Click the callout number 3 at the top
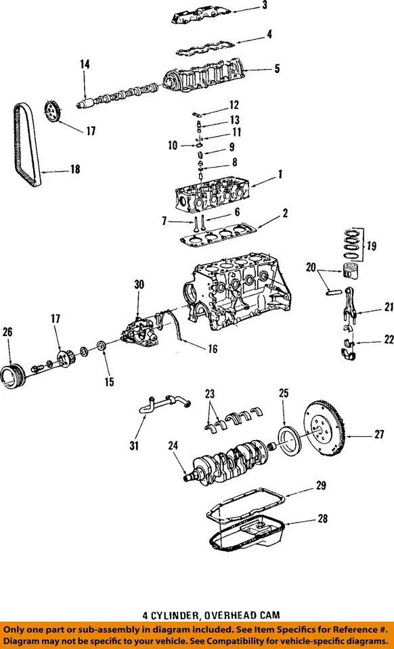point(265,6)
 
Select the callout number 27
point(378,435)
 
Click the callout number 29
point(321,485)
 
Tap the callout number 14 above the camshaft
point(85,64)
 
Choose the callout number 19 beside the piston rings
point(372,247)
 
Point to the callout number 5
point(276,68)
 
